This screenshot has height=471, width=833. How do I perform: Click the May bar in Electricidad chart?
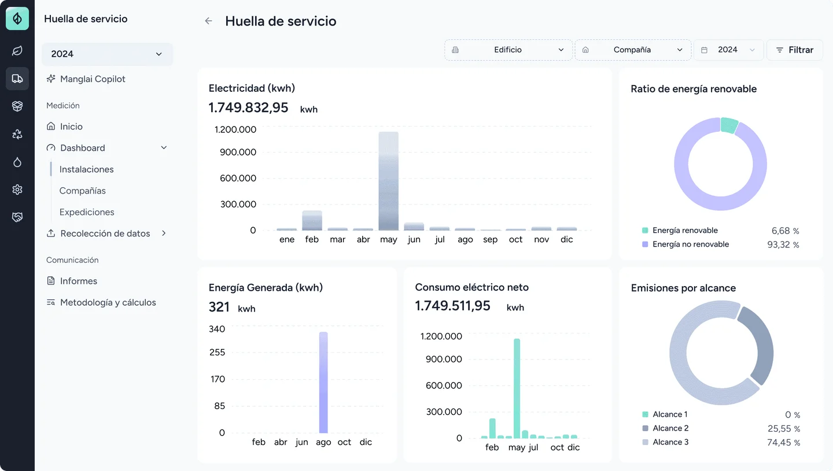388,181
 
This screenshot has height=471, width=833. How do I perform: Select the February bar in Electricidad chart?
312,221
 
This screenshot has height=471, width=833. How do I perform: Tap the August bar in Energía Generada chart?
323,383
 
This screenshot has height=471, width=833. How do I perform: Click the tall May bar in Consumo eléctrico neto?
517,388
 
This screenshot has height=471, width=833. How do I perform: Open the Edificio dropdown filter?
508,50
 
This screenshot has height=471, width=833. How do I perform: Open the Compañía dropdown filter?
633,50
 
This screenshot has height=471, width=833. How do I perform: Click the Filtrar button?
795,50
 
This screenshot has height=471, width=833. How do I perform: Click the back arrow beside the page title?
209,21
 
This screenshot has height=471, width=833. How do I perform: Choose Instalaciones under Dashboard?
86,169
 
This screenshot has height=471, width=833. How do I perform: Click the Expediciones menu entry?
87,212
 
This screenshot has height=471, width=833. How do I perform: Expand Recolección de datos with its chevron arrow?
164,233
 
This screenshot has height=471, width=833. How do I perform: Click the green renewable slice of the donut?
729,125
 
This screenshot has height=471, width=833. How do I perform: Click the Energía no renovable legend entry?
685,244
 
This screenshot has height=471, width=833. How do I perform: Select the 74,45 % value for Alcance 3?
783,443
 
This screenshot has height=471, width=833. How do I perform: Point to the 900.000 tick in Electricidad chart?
238,152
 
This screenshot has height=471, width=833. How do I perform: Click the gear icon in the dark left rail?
17,190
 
